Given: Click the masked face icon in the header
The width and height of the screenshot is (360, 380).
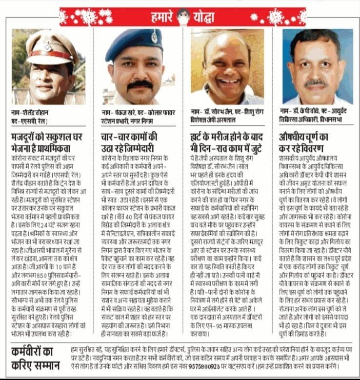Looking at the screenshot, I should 182,16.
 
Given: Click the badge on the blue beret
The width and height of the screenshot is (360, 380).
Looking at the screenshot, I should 154,37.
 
